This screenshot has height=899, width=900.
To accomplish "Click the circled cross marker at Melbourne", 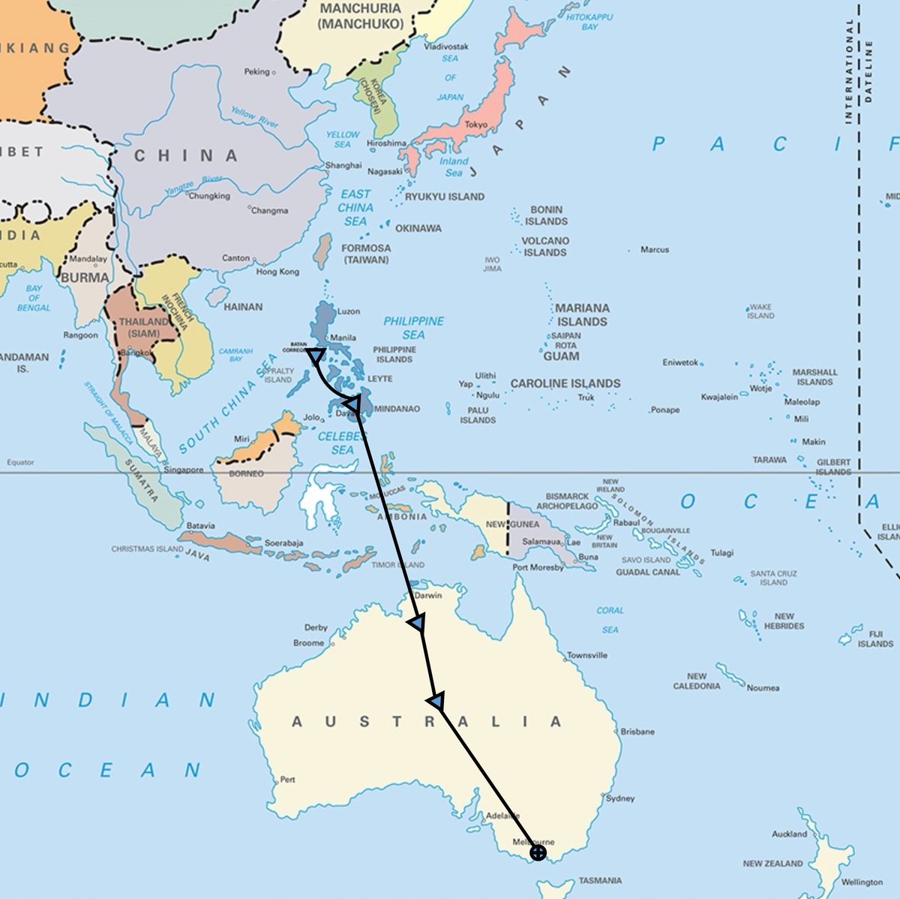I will coord(538,852).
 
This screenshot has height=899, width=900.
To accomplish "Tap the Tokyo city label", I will coord(475,125).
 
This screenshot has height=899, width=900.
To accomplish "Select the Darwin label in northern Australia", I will coord(428,595).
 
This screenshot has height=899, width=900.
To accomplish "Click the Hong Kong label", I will coord(277,272).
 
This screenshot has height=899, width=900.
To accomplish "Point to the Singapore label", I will coord(184,470).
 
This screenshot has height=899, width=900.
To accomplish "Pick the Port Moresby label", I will coord(538,567).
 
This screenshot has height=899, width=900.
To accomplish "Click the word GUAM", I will coord(561,356).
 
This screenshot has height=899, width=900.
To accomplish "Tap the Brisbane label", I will coord(637,731).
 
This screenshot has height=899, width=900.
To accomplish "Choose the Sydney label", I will coord(620,798).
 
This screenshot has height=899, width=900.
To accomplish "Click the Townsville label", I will coord(587,655).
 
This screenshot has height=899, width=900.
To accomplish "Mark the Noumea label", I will coord(763,687).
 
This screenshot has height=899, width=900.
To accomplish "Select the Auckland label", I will coord(790,834).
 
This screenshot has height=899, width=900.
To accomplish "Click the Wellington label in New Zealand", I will coord(862,882).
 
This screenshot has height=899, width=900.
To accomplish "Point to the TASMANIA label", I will coord(600,880).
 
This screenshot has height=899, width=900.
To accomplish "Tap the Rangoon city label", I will coord(80,335).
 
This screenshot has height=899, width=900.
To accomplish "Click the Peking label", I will coord(256,72).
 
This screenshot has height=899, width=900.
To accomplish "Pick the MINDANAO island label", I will coord(397,409).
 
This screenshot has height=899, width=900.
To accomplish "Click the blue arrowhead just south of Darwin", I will coord(418,623).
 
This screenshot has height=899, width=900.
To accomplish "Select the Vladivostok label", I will coord(446,47).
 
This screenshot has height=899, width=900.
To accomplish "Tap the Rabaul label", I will coord(626,523).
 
